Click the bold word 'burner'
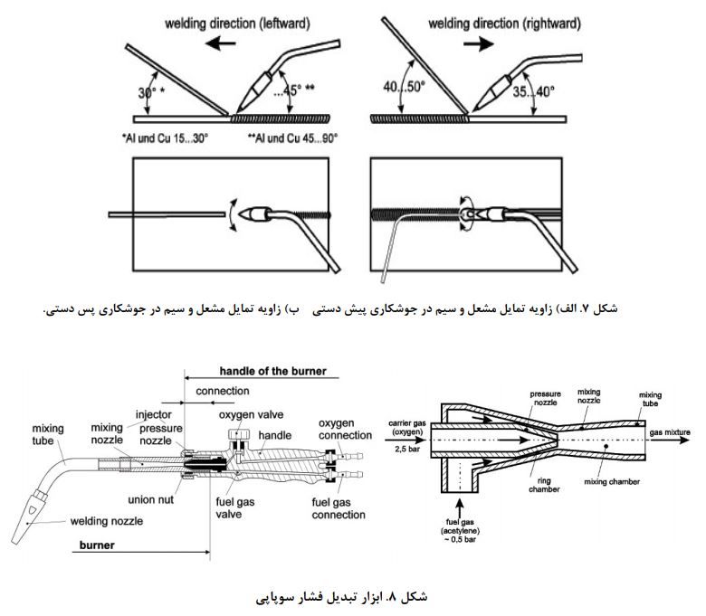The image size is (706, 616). point(98,547)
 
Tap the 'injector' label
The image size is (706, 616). point(153,415)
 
